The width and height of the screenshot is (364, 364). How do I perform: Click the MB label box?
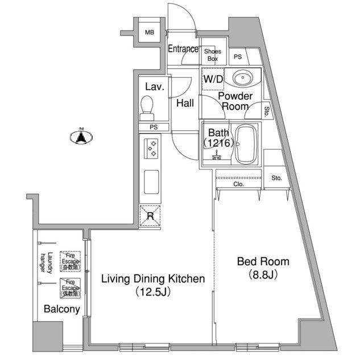149,32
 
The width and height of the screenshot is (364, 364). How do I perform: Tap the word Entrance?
183,49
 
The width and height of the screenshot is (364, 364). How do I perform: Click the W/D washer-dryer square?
213,79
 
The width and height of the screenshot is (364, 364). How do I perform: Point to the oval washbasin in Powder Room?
243,77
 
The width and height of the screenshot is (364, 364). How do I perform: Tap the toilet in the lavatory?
148,106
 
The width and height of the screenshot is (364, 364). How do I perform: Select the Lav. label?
155,87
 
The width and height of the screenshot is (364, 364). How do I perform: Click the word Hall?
185,104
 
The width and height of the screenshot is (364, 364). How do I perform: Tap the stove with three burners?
152,148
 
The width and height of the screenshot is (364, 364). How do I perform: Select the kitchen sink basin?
152,183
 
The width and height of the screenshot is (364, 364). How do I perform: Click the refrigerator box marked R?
151,215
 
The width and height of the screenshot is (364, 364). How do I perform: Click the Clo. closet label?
238,184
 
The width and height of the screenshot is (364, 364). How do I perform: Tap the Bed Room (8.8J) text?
263,268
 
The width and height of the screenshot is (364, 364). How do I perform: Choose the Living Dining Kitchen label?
152,285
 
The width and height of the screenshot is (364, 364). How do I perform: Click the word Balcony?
61,310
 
